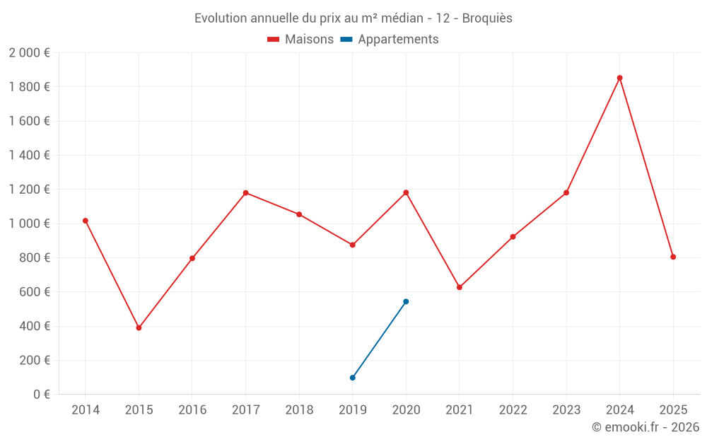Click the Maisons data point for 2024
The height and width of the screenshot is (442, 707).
point(619,78)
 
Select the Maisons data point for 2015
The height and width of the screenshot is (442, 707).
point(139,328)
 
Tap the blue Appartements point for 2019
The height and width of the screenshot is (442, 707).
point(352,378)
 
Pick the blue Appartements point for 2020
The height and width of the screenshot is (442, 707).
point(406,301)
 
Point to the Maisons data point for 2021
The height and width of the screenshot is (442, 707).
point(460,287)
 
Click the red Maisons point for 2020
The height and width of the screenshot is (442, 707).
point(406,192)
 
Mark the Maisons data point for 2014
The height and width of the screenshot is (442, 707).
point(86,221)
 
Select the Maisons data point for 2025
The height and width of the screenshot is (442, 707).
point(673,257)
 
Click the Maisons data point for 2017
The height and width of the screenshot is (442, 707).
point(245,192)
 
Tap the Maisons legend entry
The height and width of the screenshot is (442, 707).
point(300,40)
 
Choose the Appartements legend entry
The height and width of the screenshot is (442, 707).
point(390,40)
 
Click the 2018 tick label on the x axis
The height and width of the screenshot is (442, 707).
point(299,409)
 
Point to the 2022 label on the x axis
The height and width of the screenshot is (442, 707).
point(513,409)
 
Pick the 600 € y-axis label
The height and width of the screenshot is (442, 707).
point(34,291)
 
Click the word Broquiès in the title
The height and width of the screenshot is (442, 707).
point(487,18)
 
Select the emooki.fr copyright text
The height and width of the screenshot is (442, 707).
point(645,427)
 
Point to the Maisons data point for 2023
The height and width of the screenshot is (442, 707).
point(566,192)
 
